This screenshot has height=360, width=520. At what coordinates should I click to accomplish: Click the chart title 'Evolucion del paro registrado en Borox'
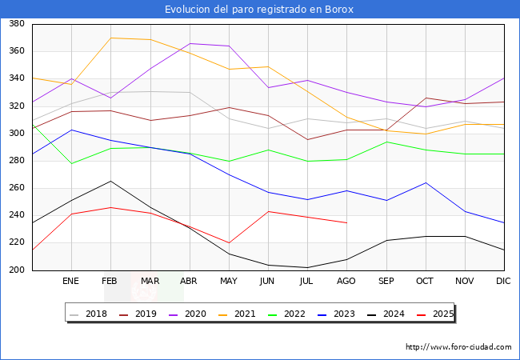coord(259,10)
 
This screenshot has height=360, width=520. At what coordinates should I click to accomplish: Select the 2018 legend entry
coord(89,314)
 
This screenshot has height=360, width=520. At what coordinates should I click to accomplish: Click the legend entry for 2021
coord(237,314)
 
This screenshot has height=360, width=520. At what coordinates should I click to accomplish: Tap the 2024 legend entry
coord(386,314)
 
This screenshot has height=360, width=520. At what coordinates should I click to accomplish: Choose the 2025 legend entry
coord(435,314)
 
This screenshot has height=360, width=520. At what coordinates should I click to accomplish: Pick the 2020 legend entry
coord(188,314)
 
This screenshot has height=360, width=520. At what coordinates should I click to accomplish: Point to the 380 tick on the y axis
coord(17,23)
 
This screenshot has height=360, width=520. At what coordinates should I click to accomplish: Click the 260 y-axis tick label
coord(17,188)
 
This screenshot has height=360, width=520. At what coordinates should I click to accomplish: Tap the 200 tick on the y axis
coord(17,270)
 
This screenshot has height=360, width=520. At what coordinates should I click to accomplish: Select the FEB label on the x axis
coord(110,281)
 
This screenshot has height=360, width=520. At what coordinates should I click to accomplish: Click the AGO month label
coord(346,281)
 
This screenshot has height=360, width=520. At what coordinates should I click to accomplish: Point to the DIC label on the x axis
coord(503,281)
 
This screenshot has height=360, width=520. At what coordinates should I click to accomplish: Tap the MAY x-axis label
coord(229,281)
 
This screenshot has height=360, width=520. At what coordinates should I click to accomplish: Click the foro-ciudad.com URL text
coord(458,346)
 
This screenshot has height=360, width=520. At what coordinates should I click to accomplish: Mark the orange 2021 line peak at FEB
coord(110,38)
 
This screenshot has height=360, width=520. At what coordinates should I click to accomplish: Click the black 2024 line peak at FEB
coord(110,181)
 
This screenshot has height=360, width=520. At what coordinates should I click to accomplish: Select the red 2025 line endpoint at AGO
coord(347,222)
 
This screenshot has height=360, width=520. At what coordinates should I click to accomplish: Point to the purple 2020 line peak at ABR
coord(190,43)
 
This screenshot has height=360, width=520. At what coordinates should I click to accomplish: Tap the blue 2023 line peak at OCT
coord(426,182)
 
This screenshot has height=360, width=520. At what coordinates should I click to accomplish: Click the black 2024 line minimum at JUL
coord(308,267)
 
